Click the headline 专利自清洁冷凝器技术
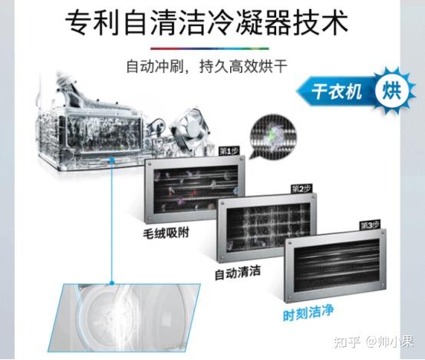206,22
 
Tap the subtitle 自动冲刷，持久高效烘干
206,66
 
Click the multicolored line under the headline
209,49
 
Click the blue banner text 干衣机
337,91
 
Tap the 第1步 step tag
229,151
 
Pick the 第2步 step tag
301,189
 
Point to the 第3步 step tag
371,225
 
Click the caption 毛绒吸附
166,233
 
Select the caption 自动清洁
238,272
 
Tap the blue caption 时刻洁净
308,313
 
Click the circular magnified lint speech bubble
273,136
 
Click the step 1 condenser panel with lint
195,190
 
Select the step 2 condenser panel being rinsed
267,227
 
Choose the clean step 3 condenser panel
335,265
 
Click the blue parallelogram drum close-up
124,318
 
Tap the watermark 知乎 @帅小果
374,342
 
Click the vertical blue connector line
112,221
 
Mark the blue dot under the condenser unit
112,160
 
